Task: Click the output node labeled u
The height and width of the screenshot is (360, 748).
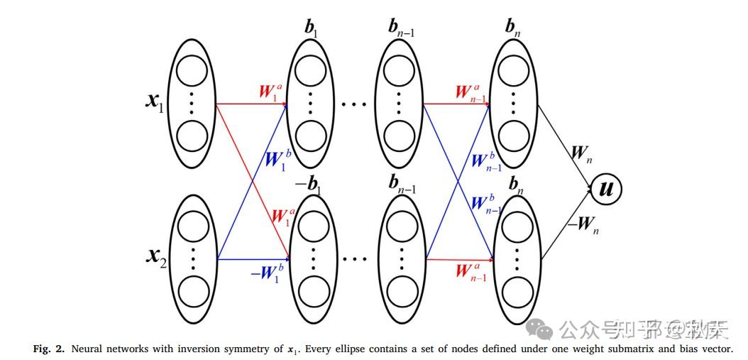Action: tap(607, 190)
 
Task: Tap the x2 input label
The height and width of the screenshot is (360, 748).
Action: tap(155, 255)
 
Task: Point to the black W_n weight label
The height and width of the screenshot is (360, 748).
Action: tap(580, 153)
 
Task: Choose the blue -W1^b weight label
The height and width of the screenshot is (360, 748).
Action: tap(267, 274)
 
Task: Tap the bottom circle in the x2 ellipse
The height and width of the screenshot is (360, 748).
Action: tap(192, 291)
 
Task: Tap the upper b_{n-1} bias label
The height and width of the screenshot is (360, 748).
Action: tap(402, 28)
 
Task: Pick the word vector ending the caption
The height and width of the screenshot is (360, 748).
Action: tap(715, 349)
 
